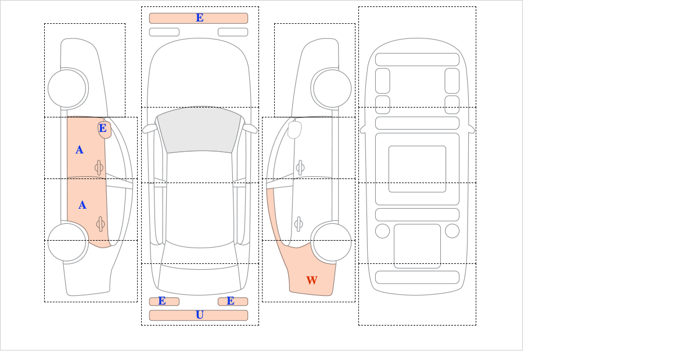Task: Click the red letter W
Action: pos(312,280)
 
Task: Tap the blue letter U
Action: pos(200,315)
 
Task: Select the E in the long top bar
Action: pos(200,18)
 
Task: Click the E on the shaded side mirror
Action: pos(103,128)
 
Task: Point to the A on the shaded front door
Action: pos(80,150)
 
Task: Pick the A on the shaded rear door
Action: pos(82,205)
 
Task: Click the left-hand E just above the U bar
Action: pos(162,301)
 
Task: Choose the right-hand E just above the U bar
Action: pos(230,301)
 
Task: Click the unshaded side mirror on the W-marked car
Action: pos(294,130)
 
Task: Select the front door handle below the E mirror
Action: pos(99,167)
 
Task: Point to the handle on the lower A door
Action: pos(100,224)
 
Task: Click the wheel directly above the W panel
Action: pos(332,242)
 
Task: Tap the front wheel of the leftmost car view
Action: pos(67,88)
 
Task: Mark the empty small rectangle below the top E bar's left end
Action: pos(164,32)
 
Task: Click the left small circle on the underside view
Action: pos(382,231)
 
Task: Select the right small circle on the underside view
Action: pos(452,231)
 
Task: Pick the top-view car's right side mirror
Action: pos(250,128)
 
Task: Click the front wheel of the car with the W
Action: pos(332,88)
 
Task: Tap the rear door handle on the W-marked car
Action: pos(299,224)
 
